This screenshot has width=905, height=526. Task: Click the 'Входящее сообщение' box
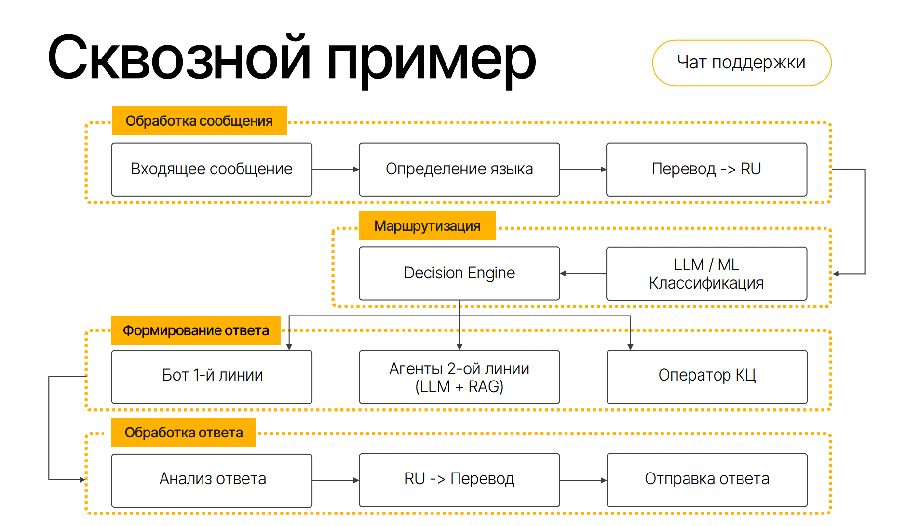(x=212, y=169)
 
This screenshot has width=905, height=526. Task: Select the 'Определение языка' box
(x=459, y=169)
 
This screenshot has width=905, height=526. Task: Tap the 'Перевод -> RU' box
(x=706, y=169)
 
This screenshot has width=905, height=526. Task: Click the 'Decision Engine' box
(x=459, y=273)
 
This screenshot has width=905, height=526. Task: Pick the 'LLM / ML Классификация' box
(x=706, y=273)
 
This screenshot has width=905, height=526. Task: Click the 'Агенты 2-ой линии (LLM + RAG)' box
(x=459, y=377)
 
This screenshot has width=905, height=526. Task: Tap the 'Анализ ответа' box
(x=212, y=480)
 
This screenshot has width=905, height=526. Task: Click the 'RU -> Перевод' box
(x=459, y=480)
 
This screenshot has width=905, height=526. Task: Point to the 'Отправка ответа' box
(x=706, y=480)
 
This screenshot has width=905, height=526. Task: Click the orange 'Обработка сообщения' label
(x=199, y=121)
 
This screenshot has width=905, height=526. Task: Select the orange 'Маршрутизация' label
(x=427, y=225)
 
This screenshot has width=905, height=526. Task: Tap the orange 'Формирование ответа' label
(x=196, y=330)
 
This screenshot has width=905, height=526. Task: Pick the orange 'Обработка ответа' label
(x=184, y=433)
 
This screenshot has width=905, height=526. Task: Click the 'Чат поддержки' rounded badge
(x=741, y=63)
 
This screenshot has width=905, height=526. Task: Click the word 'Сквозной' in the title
(x=178, y=58)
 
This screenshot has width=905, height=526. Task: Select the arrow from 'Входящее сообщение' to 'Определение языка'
(x=335, y=170)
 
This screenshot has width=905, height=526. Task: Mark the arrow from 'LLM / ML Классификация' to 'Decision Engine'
(x=583, y=274)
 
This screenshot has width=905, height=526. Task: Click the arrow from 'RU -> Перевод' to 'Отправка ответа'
(x=583, y=480)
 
